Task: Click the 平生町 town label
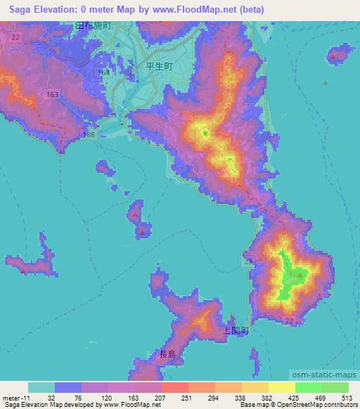point(158,68)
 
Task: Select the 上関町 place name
point(235,330)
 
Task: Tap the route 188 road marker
point(88,134)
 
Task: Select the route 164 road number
point(104,72)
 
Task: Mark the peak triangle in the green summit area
point(300,275)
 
